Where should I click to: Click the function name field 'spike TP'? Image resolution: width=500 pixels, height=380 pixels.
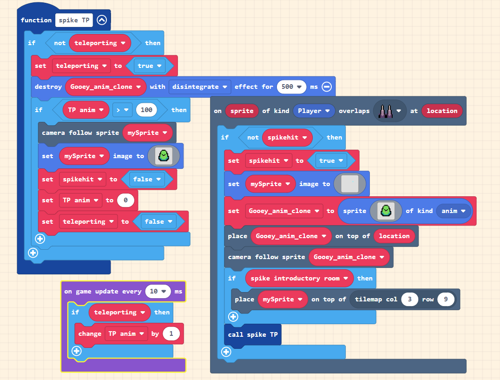(74, 20)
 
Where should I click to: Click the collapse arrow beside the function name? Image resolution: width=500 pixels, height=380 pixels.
(102, 20)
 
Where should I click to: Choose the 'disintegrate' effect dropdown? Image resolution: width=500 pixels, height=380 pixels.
(200, 87)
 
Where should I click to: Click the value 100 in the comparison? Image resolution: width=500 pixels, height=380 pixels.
(146, 110)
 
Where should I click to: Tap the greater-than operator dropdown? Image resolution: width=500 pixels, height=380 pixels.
(123, 110)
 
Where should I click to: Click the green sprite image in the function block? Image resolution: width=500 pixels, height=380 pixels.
(163, 156)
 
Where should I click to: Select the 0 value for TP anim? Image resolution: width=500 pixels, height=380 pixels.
(125, 200)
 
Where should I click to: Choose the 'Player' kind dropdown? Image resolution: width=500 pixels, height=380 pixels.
(314, 111)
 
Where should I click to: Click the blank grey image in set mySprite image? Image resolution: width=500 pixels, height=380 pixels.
(349, 184)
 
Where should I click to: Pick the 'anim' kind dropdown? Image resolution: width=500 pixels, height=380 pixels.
(454, 211)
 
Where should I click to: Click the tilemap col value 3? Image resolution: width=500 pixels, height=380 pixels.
(409, 299)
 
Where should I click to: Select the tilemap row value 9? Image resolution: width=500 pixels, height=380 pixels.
(445, 299)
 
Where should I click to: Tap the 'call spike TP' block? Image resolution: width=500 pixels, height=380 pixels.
(253, 335)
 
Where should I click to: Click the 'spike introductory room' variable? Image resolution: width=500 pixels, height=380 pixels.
(299, 279)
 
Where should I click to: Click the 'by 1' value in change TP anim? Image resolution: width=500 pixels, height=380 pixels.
(171, 333)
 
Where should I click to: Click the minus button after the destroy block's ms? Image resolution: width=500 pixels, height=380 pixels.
(326, 87)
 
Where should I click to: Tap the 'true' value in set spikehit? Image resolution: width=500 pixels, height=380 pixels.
(330, 161)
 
